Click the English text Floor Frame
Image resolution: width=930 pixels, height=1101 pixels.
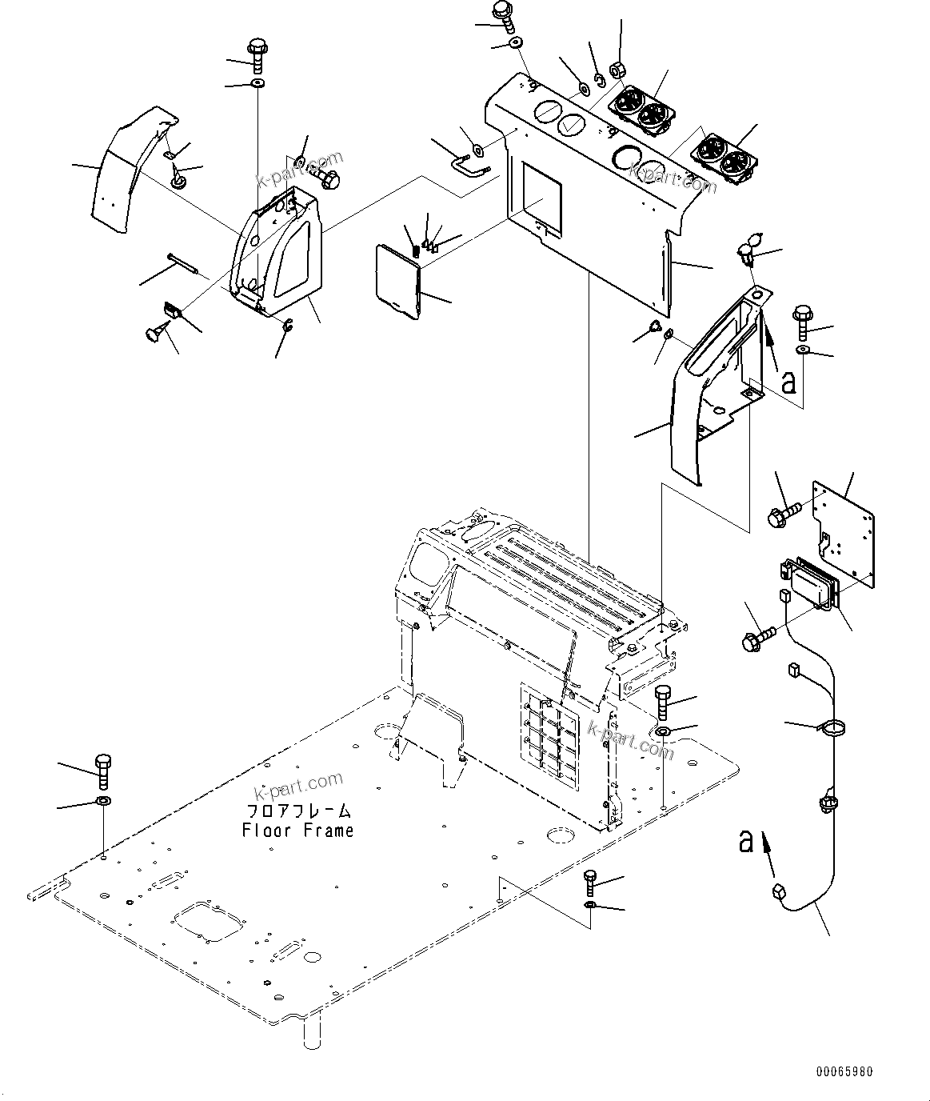(x=297, y=831)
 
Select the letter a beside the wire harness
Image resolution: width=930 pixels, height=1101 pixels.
(x=746, y=841)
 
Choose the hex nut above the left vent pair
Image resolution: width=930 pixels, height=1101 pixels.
(x=618, y=69)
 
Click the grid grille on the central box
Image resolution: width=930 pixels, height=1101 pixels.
(x=549, y=731)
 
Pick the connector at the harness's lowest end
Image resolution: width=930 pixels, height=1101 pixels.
(x=779, y=893)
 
